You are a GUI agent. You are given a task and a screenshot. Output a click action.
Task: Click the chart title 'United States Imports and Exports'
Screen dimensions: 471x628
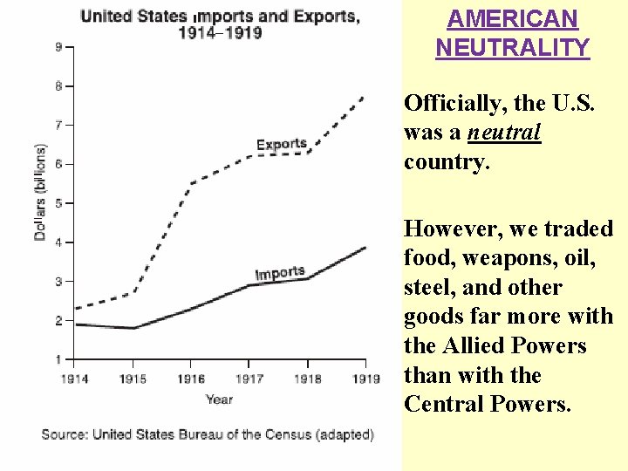(219, 17)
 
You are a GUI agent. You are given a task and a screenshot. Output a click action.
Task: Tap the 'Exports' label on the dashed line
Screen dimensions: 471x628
(281, 144)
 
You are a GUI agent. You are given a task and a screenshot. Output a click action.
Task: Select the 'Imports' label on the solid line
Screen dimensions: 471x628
(280, 273)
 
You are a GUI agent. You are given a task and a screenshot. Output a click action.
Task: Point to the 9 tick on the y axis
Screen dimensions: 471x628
(58, 47)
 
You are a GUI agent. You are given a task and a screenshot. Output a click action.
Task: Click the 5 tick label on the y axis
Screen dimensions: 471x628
(58, 203)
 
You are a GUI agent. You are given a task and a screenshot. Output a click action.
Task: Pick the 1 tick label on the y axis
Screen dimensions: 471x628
(58, 359)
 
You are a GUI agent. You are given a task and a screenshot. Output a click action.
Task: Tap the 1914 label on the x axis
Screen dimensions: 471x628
(74, 379)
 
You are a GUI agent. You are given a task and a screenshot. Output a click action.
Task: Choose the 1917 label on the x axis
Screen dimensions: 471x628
(249, 379)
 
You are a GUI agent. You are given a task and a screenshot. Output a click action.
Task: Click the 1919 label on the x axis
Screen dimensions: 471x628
(365, 379)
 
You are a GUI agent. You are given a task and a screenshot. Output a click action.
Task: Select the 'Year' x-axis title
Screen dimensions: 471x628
(219, 399)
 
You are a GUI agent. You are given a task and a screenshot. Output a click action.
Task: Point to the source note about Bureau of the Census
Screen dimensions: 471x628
(208, 433)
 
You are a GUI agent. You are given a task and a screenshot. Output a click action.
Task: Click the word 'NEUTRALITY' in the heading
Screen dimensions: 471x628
(512, 47)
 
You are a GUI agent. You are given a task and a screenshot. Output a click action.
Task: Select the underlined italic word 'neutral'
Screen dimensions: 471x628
(504, 133)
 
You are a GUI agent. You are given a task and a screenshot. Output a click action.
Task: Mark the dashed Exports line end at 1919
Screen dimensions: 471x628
(365, 95)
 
